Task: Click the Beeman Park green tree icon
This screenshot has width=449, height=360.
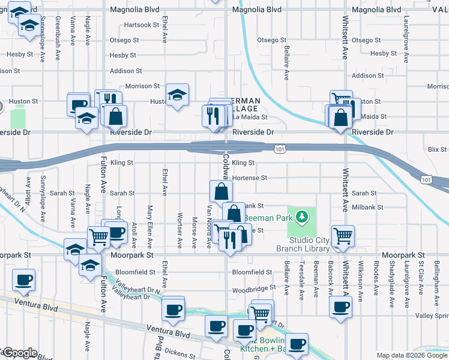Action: [304, 215]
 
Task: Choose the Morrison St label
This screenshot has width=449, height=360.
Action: [142, 86]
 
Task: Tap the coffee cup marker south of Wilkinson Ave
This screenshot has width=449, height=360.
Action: [341, 307]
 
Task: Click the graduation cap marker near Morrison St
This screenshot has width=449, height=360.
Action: [177, 95]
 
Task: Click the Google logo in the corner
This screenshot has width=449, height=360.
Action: [19, 353]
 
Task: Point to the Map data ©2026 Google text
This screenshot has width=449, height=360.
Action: [412, 355]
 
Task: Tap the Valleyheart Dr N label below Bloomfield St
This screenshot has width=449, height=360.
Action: [144, 287]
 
